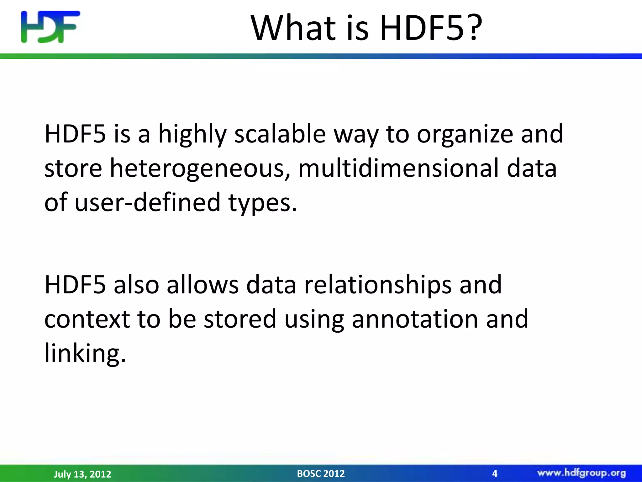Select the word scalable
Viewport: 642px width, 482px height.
pyautogui.click(x=280, y=134)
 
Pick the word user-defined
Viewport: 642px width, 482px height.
pyautogui.click(x=148, y=202)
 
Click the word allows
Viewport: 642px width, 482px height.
pyautogui.click(x=203, y=285)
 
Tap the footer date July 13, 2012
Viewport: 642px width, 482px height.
pyautogui.click(x=82, y=474)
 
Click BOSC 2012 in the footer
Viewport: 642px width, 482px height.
pyautogui.click(x=321, y=473)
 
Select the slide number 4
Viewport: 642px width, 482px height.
pyautogui.click(x=495, y=473)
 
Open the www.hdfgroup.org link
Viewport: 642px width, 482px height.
pyautogui.click(x=581, y=473)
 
